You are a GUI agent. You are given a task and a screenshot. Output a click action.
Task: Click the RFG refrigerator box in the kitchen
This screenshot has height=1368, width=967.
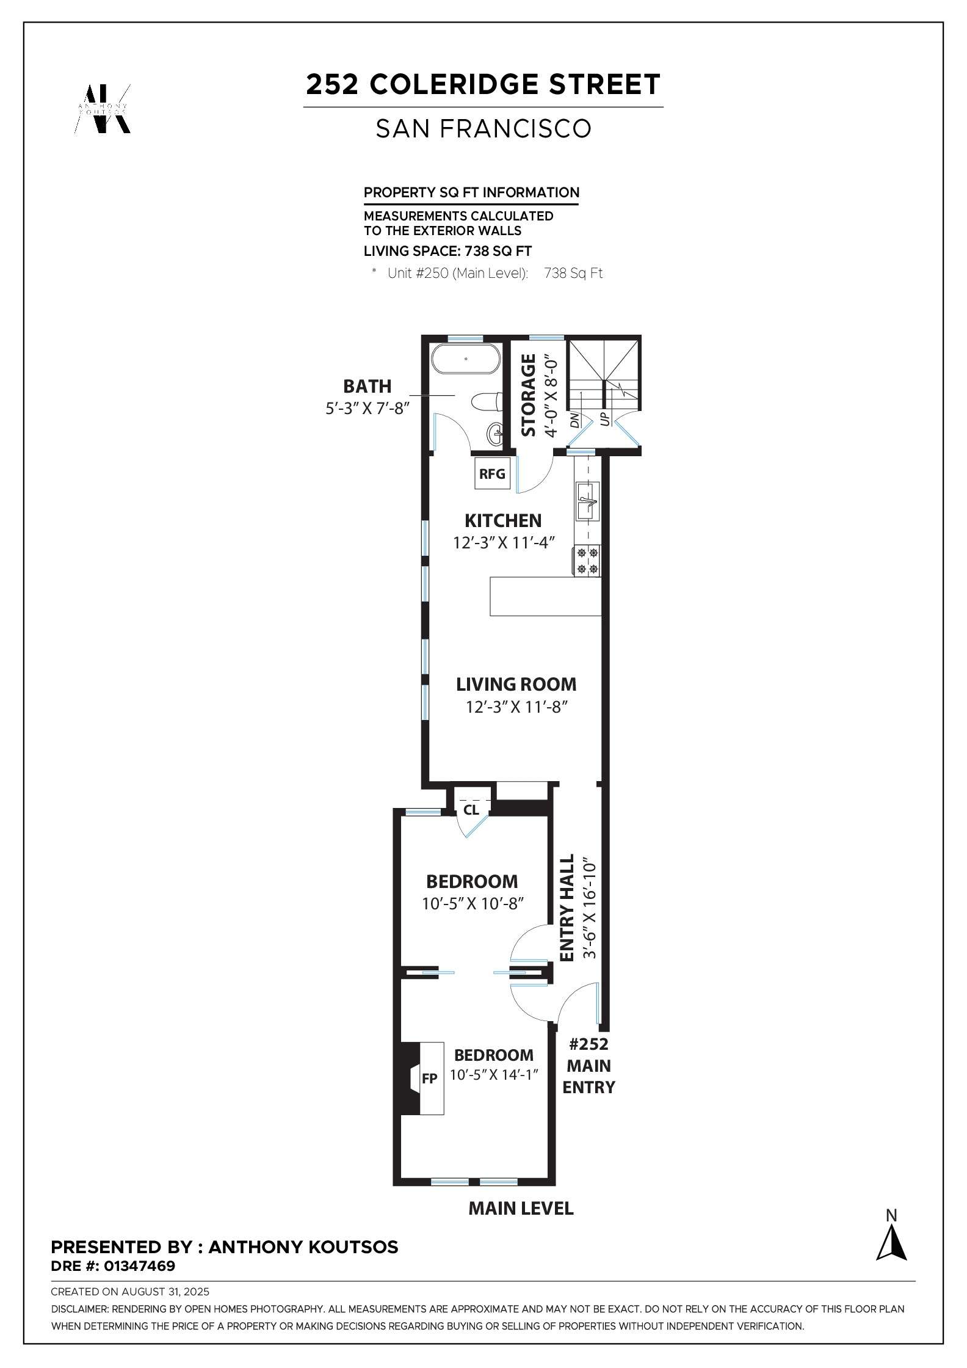[492, 473]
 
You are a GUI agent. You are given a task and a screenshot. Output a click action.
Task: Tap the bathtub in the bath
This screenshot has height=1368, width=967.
[466, 359]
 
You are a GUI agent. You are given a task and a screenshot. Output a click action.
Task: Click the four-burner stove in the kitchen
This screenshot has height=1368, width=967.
[587, 561]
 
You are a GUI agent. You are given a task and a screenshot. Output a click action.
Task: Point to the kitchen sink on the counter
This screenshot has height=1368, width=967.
[588, 501]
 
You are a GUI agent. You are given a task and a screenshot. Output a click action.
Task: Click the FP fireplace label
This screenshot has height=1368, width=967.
[429, 1079]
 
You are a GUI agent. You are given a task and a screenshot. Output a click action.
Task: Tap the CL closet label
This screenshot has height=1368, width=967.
[471, 810]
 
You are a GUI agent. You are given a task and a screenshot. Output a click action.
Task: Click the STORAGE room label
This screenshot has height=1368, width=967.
[529, 395]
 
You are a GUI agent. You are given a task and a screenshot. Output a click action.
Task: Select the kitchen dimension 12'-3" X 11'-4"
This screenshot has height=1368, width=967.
[503, 542]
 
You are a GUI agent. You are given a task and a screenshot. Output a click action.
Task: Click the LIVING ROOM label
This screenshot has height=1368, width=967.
[516, 685]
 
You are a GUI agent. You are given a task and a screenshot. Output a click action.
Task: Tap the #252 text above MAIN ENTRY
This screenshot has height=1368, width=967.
[589, 1044]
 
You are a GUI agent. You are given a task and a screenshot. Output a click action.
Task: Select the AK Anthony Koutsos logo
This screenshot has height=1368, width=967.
[102, 109]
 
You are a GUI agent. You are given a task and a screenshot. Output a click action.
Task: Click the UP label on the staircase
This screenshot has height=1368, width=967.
[605, 418]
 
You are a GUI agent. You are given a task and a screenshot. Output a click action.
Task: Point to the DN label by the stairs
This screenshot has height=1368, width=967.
[574, 420]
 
